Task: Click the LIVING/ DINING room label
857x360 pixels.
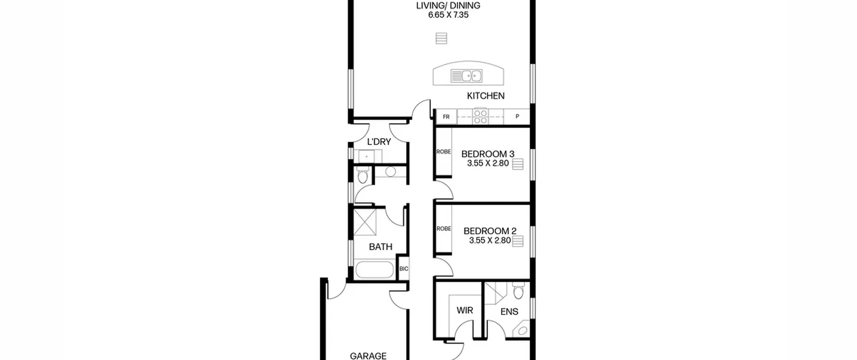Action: [x=448, y=6]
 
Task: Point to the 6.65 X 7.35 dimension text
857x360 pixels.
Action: [x=448, y=15]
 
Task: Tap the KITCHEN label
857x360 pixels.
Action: [x=486, y=96]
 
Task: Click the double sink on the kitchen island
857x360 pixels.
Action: [x=467, y=76]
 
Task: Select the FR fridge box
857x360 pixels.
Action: [x=446, y=117]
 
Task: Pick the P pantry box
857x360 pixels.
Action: [x=517, y=117]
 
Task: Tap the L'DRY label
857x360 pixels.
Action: [x=379, y=142]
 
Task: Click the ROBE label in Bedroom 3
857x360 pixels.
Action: [x=444, y=152]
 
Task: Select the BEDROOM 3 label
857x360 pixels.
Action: [x=488, y=154]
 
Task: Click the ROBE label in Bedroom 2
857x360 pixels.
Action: [x=444, y=229]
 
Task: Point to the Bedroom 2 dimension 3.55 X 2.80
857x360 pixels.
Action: [x=490, y=240]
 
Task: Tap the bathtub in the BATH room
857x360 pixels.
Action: [x=374, y=270]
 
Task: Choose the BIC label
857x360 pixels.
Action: [x=404, y=269]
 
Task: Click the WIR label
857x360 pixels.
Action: [x=465, y=310]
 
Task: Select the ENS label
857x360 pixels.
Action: [x=509, y=312]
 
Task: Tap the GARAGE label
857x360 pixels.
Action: [x=368, y=356]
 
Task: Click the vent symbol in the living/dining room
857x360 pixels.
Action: [x=441, y=38]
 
